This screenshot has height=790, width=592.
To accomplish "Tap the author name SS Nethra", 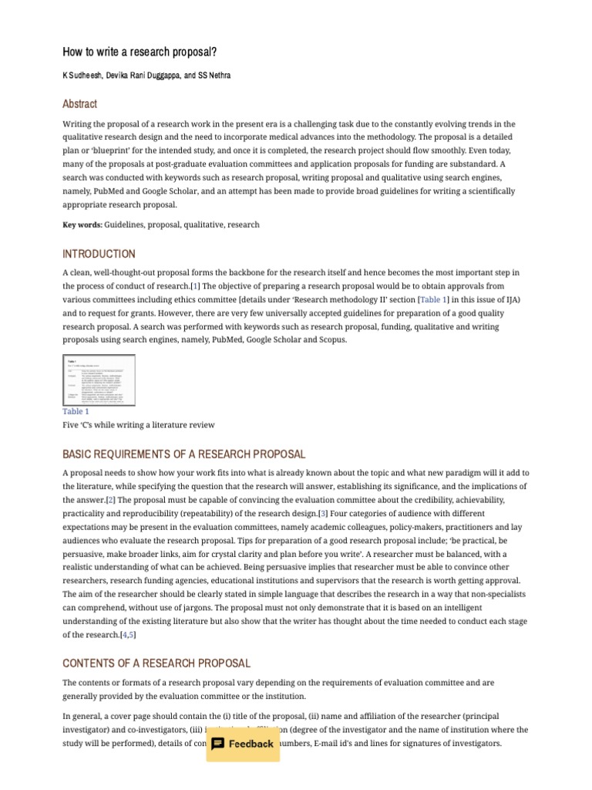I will tap(214, 76).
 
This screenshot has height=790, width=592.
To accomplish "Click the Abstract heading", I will tap(79, 104).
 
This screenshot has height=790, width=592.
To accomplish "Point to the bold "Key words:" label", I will tap(82, 225).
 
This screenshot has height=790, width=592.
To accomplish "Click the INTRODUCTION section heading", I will tap(99, 254).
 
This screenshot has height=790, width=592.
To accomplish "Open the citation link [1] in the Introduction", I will tap(195, 286).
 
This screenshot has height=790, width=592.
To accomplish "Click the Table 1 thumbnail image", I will tap(99, 380).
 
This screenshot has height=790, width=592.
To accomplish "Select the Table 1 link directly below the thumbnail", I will tap(76, 411).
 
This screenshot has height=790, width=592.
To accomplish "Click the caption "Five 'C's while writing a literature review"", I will tap(139, 425).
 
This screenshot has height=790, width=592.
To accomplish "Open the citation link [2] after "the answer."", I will tap(111, 500).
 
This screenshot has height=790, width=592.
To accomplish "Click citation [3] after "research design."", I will tap(323, 514).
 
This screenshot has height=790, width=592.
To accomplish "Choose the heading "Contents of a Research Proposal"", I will tap(156, 663).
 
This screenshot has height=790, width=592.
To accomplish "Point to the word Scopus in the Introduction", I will tap(330, 339).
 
